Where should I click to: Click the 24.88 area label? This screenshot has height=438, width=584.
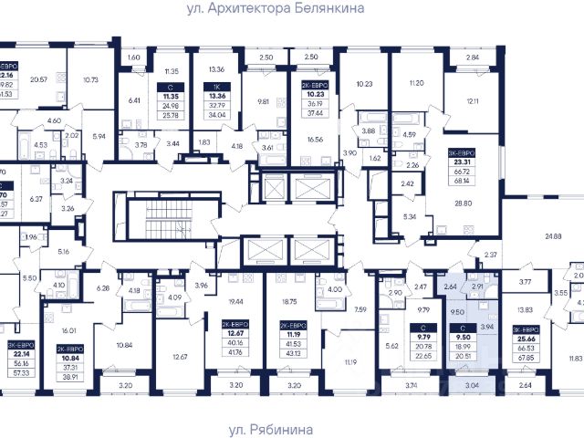(554, 236)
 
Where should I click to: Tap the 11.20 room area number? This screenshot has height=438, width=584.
(419, 83)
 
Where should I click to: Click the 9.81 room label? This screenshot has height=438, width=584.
(263, 101)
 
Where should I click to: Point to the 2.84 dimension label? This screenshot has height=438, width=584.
(473, 58)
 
